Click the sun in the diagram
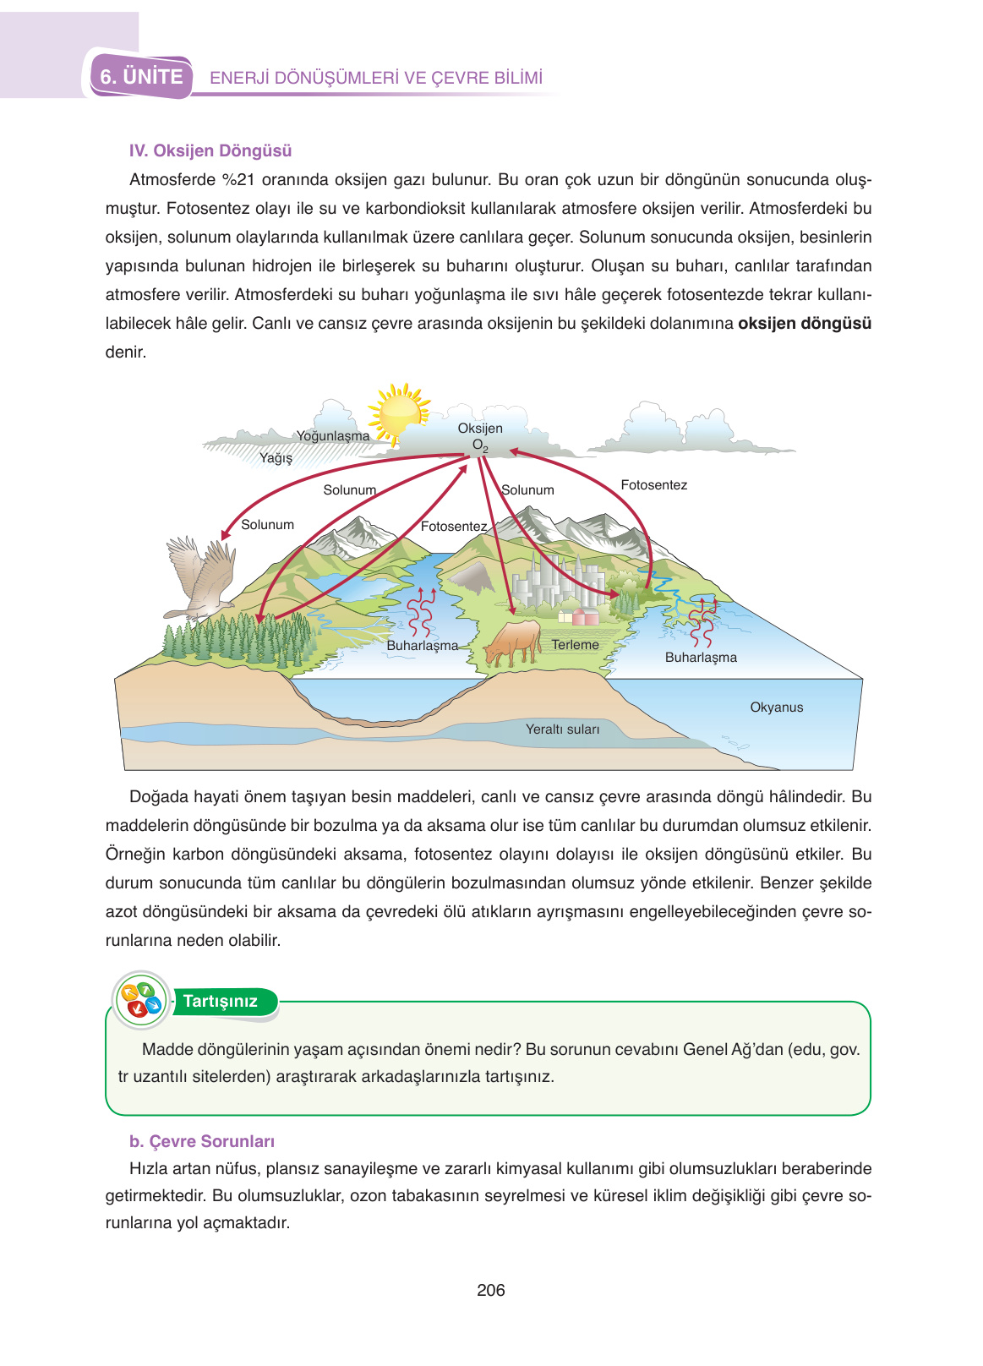click(x=400, y=412)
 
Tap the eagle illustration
click(x=200, y=579)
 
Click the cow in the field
click(x=513, y=643)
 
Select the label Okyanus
click(x=776, y=708)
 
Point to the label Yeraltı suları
click(x=562, y=729)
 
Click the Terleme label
click(x=575, y=645)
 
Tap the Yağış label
click(x=276, y=458)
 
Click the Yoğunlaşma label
click(x=333, y=436)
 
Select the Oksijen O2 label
click(x=480, y=436)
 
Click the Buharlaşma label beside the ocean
click(x=701, y=658)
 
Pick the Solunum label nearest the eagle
click(x=267, y=525)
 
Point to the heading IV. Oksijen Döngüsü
click(x=210, y=151)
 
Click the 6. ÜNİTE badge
click(x=141, y=77)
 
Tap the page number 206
click(x=491, y=1290)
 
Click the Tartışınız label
click(x=220, y=1002)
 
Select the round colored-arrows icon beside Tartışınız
click(x=141, y=1001)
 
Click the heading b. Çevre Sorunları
click(x=202, y=1142)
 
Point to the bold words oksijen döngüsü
click(x=804, y=324)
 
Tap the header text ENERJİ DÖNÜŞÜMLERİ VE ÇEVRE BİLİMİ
click(x=376, y=78)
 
